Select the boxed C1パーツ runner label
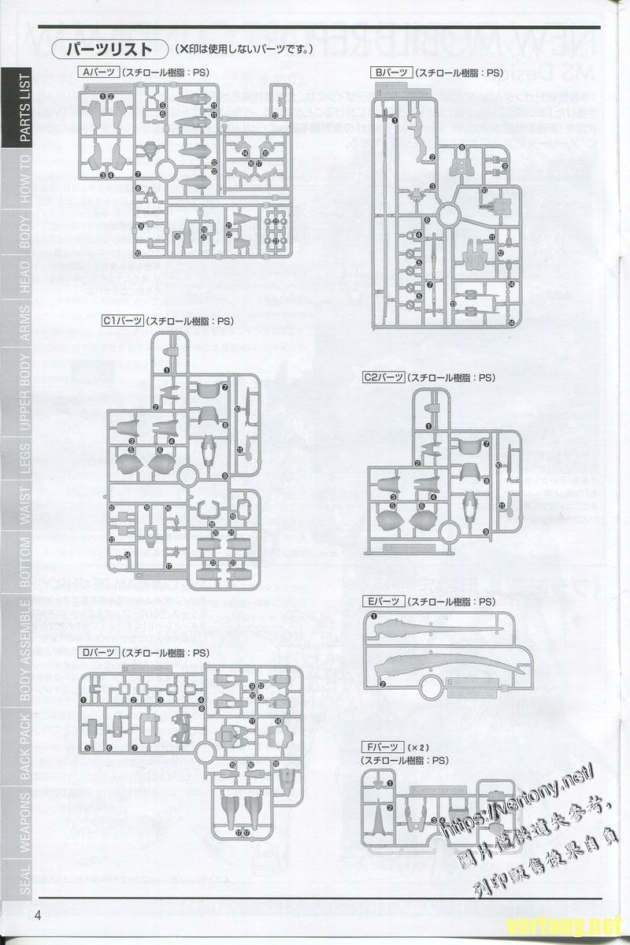[x=122, y=321]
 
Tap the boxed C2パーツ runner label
[x=384, y=377]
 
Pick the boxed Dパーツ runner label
[x=98, y=653]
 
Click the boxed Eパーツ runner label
[x=383, y=602]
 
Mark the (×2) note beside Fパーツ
[x=414, y=747]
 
